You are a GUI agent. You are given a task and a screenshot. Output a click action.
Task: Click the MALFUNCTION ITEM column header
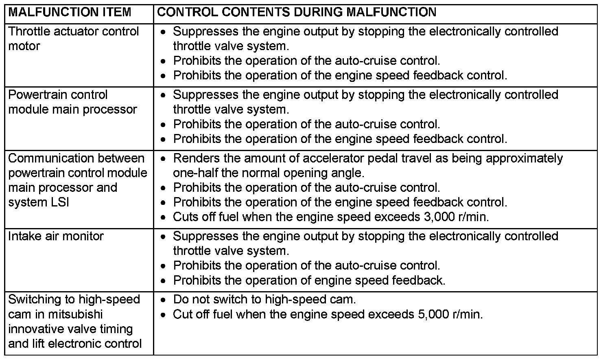tap(70, 12)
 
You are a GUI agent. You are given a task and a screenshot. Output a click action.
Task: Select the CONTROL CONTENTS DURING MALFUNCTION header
tap(297, 12)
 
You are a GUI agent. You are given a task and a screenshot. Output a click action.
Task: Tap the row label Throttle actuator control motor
tap(73, 39)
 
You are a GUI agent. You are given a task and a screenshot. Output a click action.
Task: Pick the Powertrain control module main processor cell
tap(72, 102)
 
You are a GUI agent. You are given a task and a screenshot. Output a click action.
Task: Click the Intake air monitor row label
tap(56, 236)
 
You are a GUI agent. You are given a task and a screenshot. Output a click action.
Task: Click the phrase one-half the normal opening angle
tap(269, 173)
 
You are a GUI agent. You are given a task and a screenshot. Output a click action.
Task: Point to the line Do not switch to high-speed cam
tap(264, 300)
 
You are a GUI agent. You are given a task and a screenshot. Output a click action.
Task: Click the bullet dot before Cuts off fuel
tap(163, 217)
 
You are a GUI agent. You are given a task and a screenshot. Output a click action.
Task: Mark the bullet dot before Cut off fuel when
tap(163, 315)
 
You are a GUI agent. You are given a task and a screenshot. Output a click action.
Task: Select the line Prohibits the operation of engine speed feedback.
tap(309, 280)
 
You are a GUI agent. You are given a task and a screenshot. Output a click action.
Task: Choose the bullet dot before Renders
tap(163, 159)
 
